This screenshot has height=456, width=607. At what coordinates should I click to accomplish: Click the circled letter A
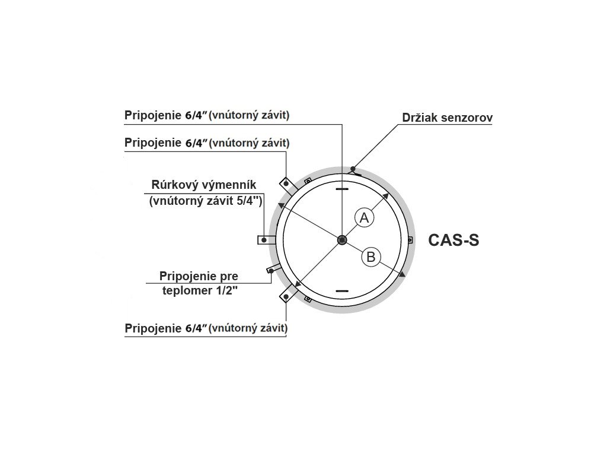(x=365, y=218)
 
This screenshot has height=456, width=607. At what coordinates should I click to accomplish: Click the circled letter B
(x=371, y=256)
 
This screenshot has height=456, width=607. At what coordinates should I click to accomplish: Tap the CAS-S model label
(x=453, y=240)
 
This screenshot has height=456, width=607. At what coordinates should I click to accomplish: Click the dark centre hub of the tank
(x=342, y=240)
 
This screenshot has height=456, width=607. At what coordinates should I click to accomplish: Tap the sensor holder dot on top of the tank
(x=353, y=169)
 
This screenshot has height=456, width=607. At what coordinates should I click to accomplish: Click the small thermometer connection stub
(x=271, y=271)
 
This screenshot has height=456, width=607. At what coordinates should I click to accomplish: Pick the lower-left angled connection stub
(x=288, y=293)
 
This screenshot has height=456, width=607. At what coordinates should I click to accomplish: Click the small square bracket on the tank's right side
(x=410, y=240)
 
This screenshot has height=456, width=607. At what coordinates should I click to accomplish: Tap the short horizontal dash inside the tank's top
(x=343, y=189)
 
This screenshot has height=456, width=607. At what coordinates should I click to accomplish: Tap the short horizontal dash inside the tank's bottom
(x=343, y=291)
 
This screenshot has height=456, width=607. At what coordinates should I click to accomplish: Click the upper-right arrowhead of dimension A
(x=385, y=196)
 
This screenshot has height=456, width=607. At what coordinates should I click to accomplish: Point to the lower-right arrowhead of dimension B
(x=402, y=274)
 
